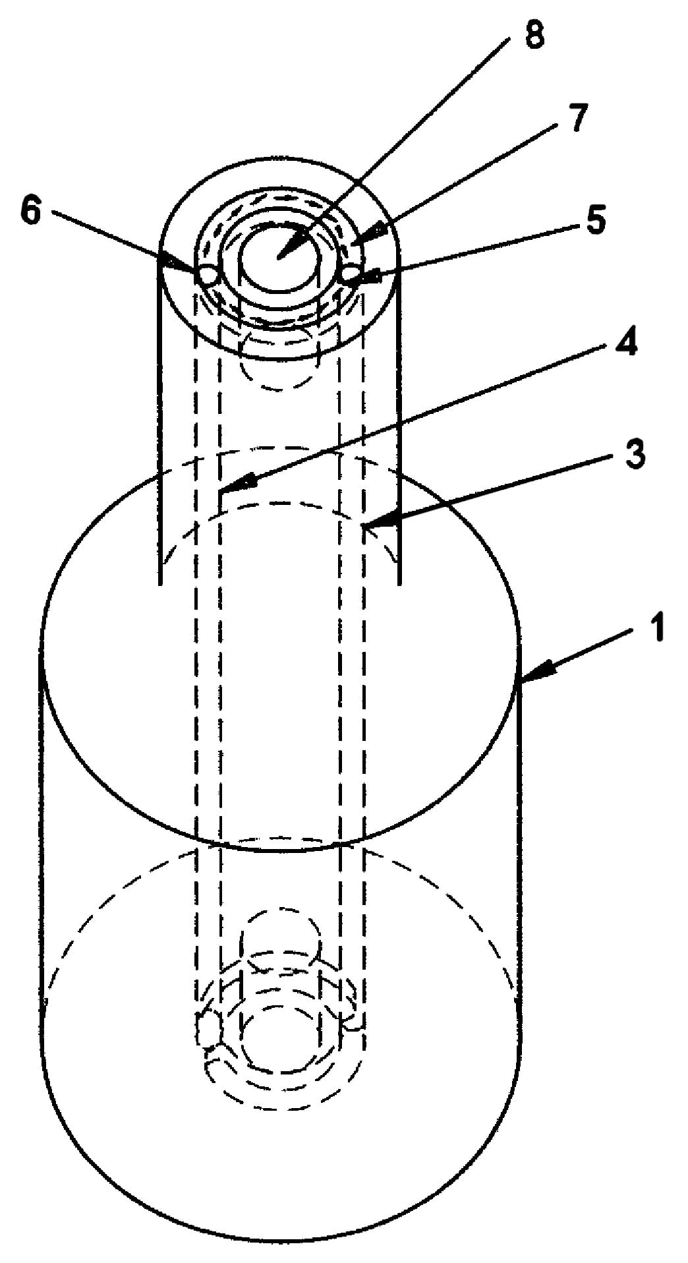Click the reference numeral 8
tap(534, 37)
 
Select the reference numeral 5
tap(595, 220)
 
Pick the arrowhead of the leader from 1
tap(525, 679)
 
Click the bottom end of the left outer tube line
tap(160, 583)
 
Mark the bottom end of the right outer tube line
tap(400, 583)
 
